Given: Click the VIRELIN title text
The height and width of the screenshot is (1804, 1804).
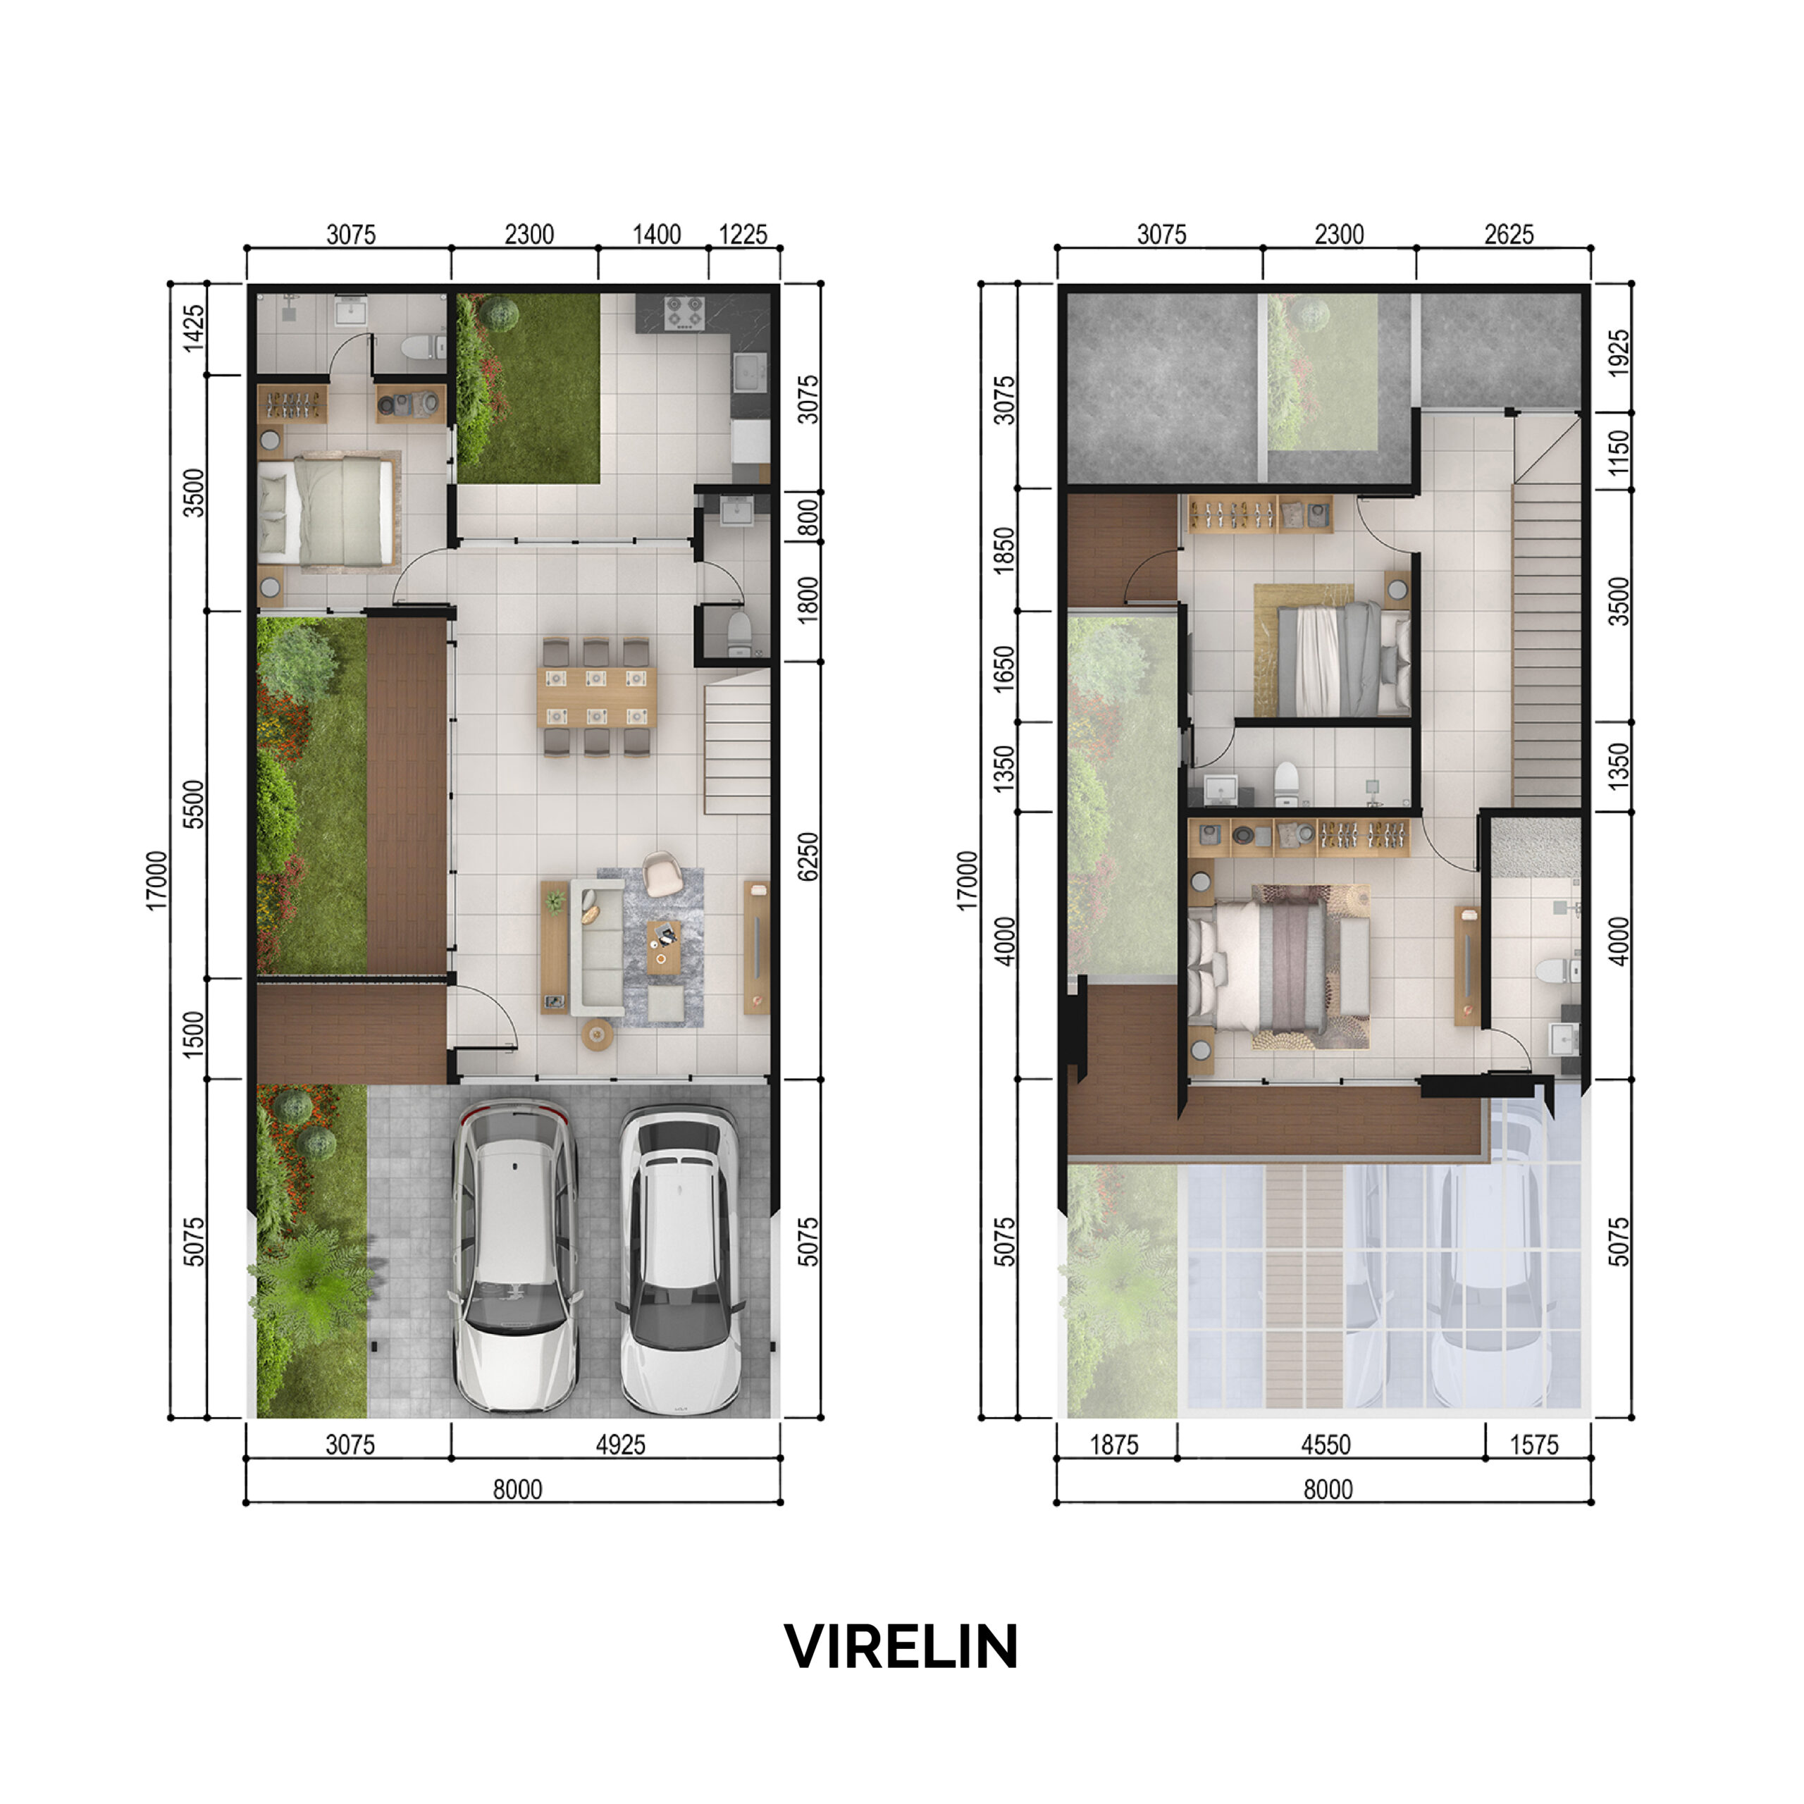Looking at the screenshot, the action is click(x=901, y=1647).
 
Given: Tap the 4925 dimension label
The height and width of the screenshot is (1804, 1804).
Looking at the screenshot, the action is click(x=620, y=1445).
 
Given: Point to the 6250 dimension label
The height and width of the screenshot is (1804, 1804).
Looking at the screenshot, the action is click(x=808, y=856).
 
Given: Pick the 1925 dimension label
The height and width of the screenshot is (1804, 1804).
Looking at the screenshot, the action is click(x=1620, y=353).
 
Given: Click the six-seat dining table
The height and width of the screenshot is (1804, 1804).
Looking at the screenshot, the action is click(x=597, y=696).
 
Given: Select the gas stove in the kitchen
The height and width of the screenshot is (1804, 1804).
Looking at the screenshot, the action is click(x=684, y=313).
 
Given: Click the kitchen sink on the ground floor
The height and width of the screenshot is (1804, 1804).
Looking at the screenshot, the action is click(x=750, y=373).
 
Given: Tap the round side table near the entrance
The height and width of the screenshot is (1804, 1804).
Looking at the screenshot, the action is click(x=598, y=1034).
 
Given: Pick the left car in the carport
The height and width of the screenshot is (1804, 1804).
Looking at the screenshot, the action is click(x=515, y=1255).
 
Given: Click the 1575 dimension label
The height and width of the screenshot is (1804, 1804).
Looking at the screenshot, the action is click(x=1534, y=1445).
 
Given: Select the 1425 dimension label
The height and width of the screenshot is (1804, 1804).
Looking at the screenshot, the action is click(x=193, y=328).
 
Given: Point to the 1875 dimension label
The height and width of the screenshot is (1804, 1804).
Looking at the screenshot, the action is click(x=1114, y=1445).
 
